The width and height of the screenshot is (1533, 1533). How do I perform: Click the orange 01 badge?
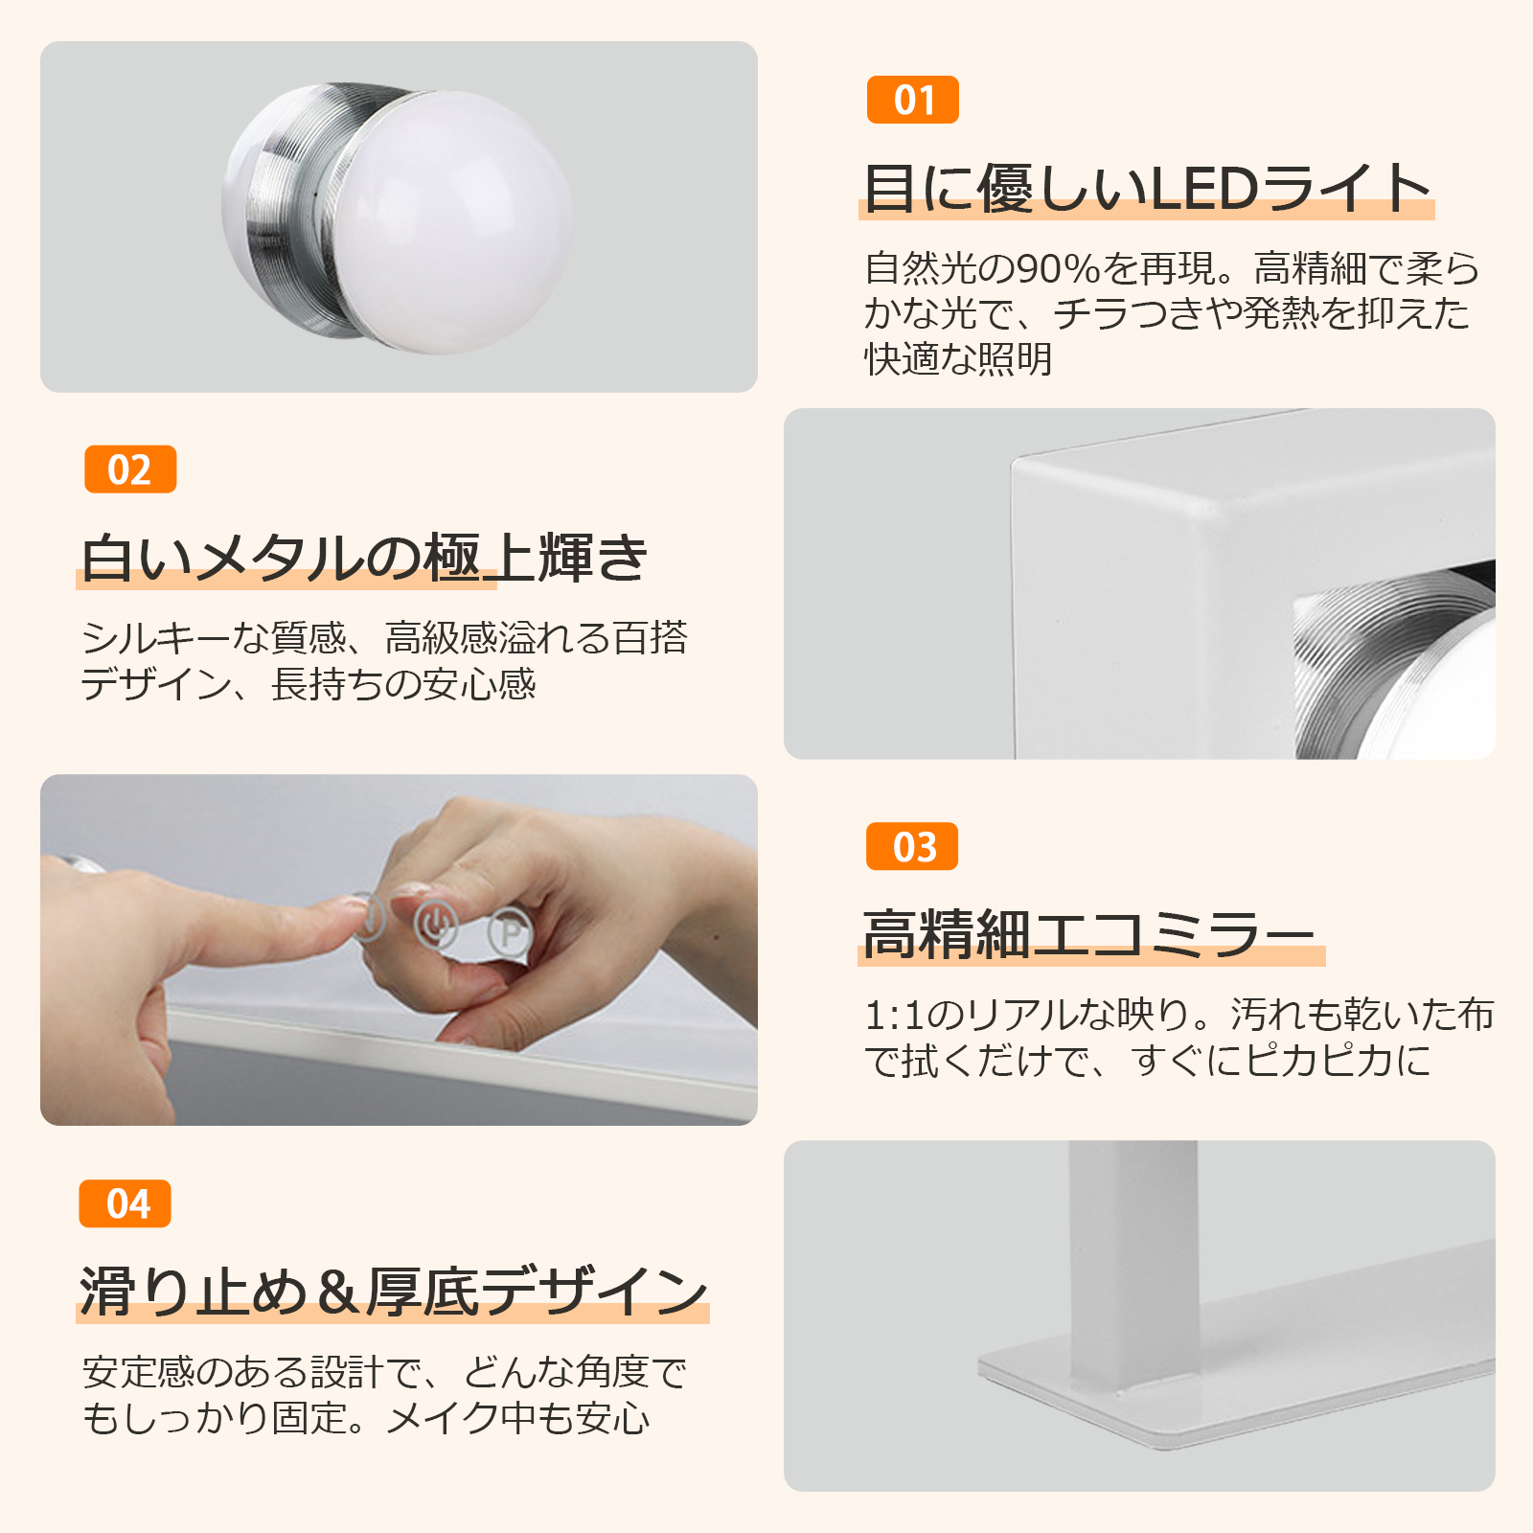pos(912,100)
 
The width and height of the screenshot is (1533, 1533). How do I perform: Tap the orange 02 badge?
pos(130,469)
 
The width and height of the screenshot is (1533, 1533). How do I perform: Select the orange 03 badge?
pos(912,846)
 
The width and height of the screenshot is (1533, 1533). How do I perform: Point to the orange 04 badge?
pos(126,1203)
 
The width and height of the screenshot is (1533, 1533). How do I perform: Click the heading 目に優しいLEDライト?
pos(1148,188)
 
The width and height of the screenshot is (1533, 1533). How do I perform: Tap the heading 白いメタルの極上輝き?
pos(364,558)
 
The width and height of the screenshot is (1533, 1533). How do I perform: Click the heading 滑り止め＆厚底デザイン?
pos(394,1292)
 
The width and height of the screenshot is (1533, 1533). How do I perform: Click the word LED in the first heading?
pos(1203,188)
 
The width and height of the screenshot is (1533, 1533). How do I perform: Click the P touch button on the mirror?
pos(510,931)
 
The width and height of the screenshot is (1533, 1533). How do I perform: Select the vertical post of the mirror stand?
pos(1133,1265)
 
